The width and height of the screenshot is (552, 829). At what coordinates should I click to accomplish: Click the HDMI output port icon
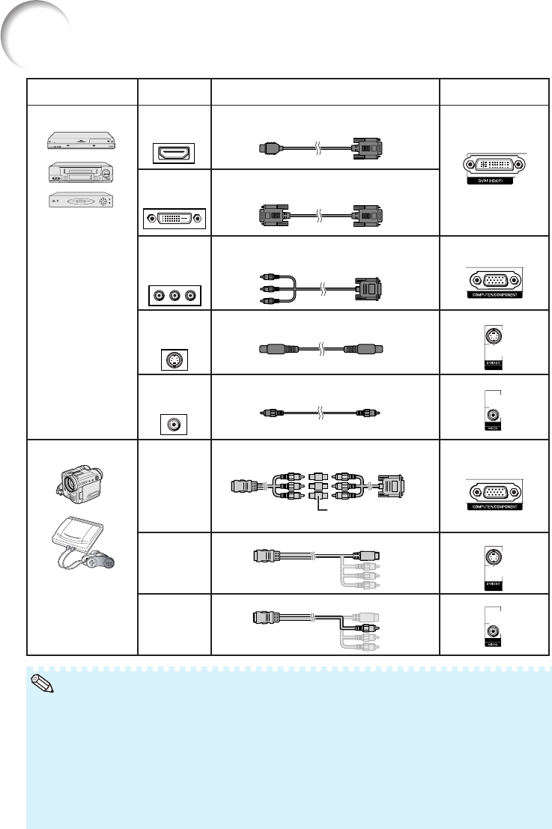point(173,154)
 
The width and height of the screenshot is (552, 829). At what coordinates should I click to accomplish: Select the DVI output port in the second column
point(173,219)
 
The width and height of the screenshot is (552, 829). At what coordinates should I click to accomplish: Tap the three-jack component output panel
point(173,295)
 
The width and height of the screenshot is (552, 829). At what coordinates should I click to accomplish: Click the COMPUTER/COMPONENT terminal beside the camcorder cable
point(493,492)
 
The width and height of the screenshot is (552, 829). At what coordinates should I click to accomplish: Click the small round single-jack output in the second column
point(173,423)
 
